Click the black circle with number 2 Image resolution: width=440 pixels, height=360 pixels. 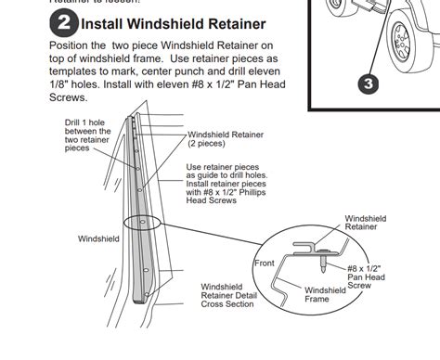tap(66, 22)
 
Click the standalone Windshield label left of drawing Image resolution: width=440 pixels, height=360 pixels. tap(98, 238)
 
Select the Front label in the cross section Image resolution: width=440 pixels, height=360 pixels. tap(265, 263)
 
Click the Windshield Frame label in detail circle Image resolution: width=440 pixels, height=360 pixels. tap(326, 295)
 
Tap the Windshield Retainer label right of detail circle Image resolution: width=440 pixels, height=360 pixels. tap(367, 223)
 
